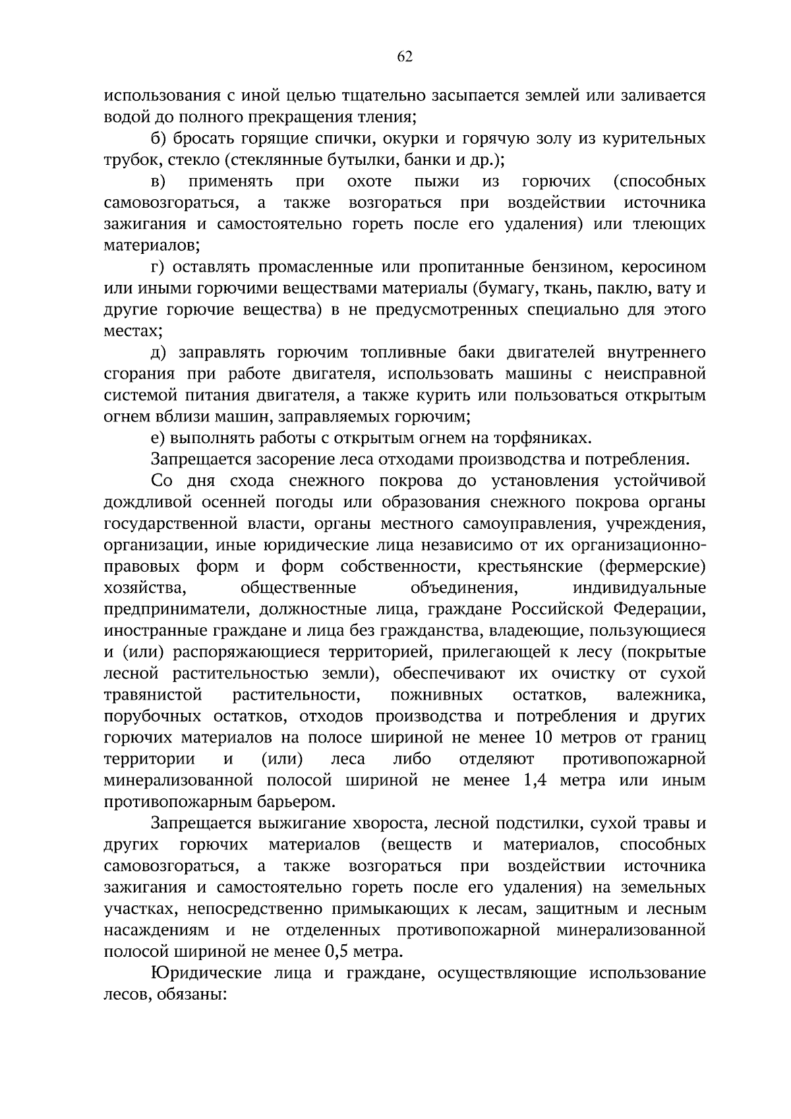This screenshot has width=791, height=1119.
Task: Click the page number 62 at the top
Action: (405, 57)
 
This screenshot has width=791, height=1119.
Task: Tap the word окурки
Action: (374, 138)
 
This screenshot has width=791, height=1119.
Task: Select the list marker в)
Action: (159, 181)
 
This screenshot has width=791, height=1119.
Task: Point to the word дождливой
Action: (147, 502)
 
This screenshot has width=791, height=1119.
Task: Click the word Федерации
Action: (662, 609)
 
